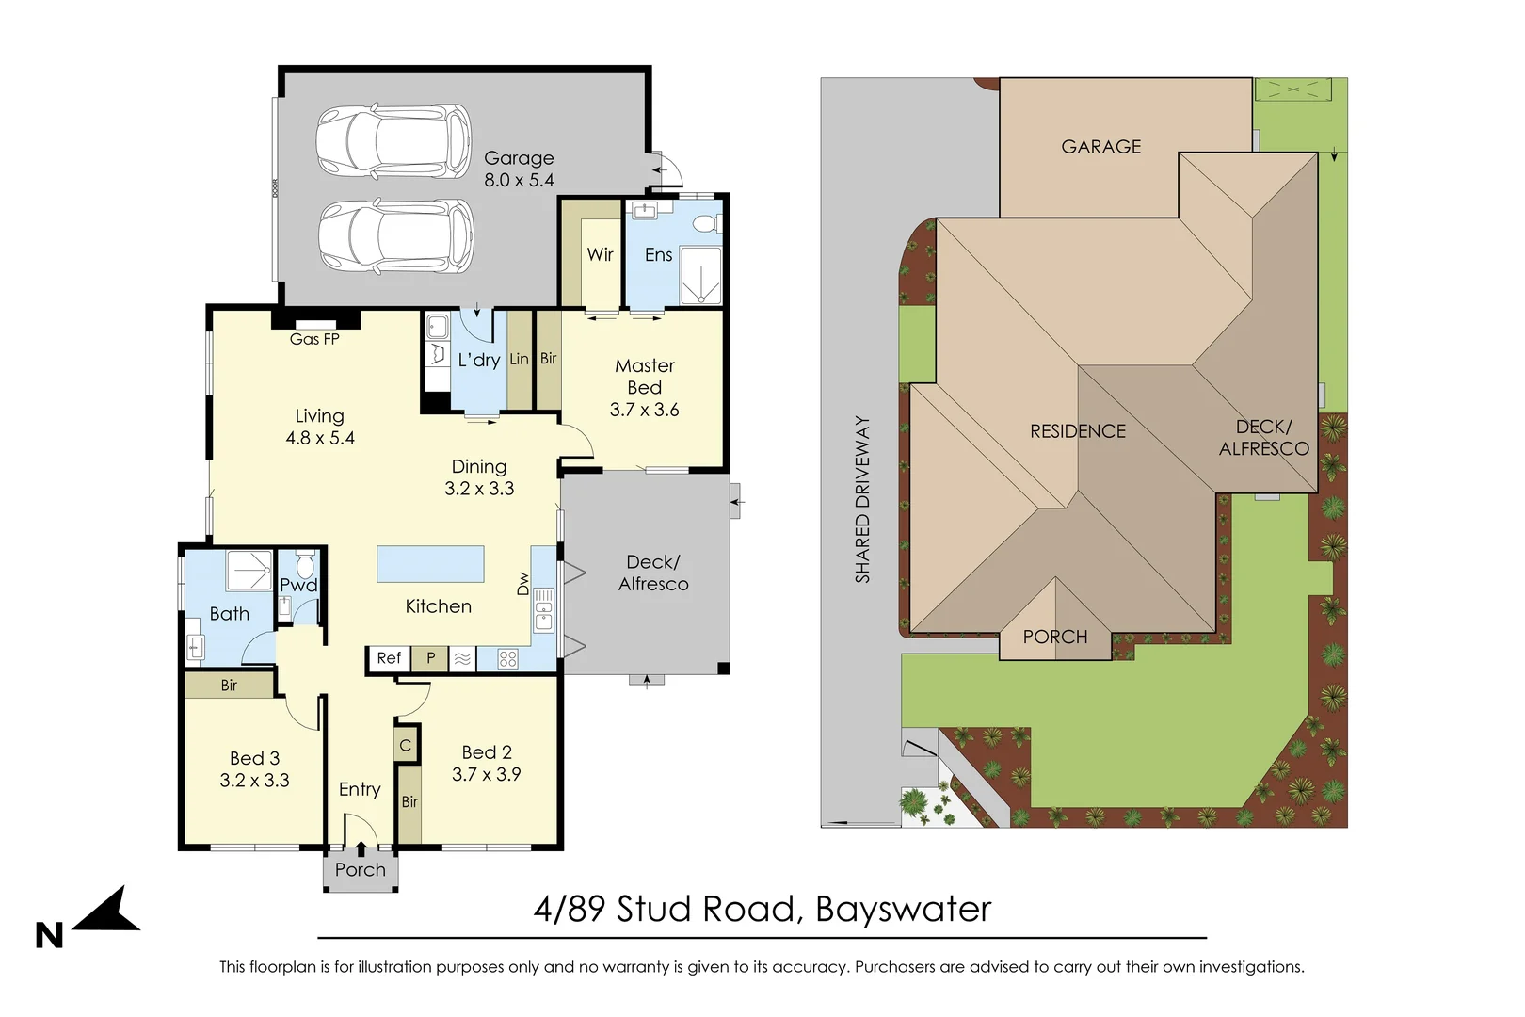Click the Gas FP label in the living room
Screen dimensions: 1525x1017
coord(313,339)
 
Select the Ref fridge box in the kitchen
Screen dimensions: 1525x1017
coord(388,658)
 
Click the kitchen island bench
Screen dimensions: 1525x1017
coord(430,564)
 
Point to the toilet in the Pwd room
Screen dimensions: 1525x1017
coord(305,564)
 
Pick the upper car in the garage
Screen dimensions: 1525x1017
coord(393,141)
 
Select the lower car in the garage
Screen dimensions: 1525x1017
coord(396,235)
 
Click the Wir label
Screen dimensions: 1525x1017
coord(600,255)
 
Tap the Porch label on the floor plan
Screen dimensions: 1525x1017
coord(361,870)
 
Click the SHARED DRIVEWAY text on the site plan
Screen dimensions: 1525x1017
coord(862,499)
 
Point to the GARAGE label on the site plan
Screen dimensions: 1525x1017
coord(1100,147)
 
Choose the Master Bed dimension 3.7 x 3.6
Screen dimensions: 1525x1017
coord(644,410)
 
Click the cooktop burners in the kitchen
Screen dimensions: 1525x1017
coord(508,659)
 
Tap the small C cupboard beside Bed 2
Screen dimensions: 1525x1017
coord(405,745)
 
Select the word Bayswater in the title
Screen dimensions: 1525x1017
coord(904,910)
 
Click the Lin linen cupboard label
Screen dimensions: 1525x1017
coord(519,359)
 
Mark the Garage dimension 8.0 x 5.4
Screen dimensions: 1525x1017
coord(519,180)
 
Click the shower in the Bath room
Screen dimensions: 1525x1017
coord(249,570)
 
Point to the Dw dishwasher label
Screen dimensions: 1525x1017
coord(522,584)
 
